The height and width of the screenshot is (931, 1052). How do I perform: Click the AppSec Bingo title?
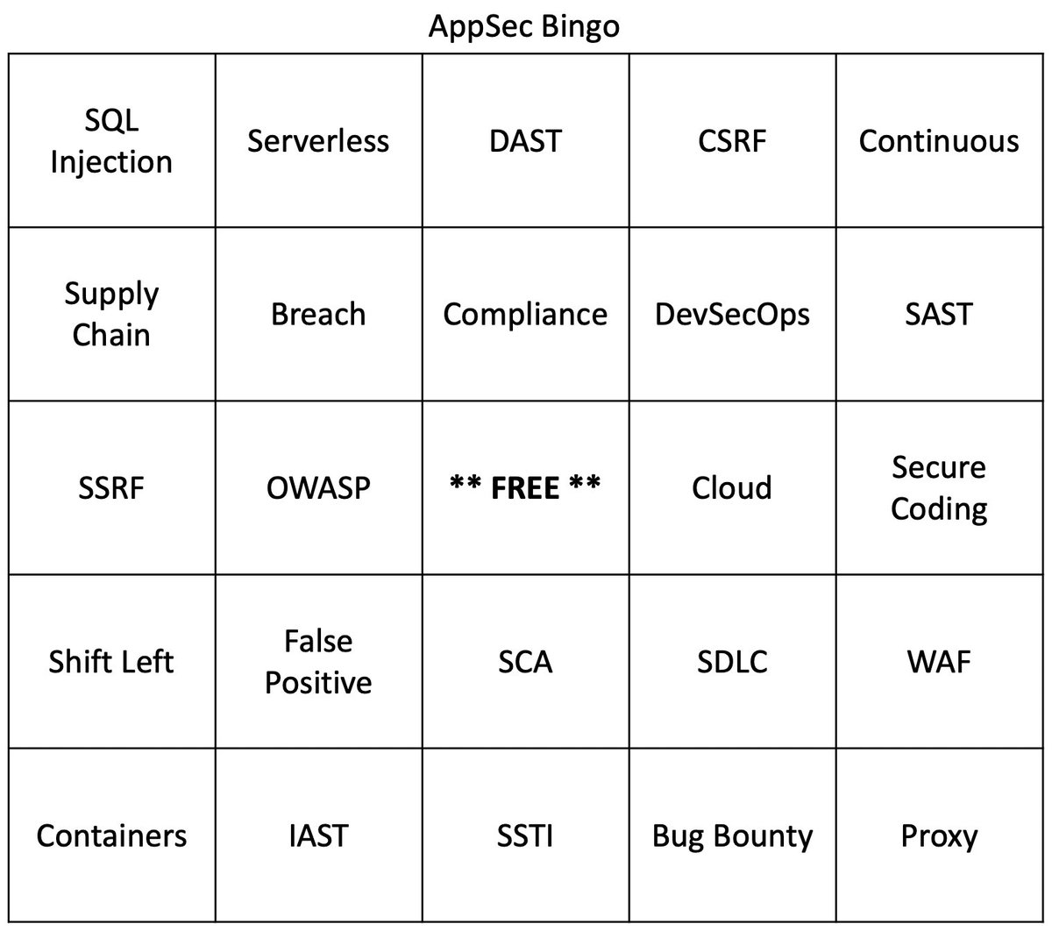coord(524,25)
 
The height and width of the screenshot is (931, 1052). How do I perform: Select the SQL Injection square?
coord(111,141)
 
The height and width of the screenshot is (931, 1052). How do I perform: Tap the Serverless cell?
coord(318,141)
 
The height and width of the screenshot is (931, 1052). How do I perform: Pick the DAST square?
coord(525,141)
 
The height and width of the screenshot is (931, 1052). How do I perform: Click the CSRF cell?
coord(732,141)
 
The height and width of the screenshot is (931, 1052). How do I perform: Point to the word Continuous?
coord(939,141)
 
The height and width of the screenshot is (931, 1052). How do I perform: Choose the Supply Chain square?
coord(111,314)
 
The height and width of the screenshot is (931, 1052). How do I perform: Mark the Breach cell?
coord(318,314)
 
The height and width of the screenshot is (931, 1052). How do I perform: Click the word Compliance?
coord(525,314)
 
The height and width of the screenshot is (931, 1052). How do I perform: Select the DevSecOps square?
coord(732,314)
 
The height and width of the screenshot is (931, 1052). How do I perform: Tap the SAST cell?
coord(939,314)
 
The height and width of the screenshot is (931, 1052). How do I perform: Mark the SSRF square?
coord(111,487)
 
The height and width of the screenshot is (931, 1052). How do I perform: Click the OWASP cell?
coord(318,487)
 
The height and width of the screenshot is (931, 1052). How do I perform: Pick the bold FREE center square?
coord(525,487)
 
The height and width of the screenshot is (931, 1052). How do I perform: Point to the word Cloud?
coord(732,487)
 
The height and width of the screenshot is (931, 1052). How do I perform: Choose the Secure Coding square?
coord(939,487)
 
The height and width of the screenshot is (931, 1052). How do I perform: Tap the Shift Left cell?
coord(111,661)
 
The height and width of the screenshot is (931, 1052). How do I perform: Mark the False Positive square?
coord(318,661)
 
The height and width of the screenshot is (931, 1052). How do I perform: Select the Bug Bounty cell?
coord(732,835)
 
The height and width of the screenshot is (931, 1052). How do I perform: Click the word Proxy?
coord(939,835)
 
